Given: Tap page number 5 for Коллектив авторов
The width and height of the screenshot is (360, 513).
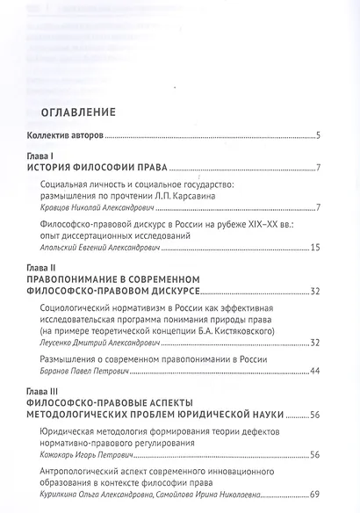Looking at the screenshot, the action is coord(322,134).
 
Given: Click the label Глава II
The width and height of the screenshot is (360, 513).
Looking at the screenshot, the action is coord(43,267).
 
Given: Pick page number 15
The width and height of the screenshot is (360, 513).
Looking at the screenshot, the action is coord(319,249).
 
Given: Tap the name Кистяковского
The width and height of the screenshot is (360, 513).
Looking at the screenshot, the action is coord(256,331).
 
